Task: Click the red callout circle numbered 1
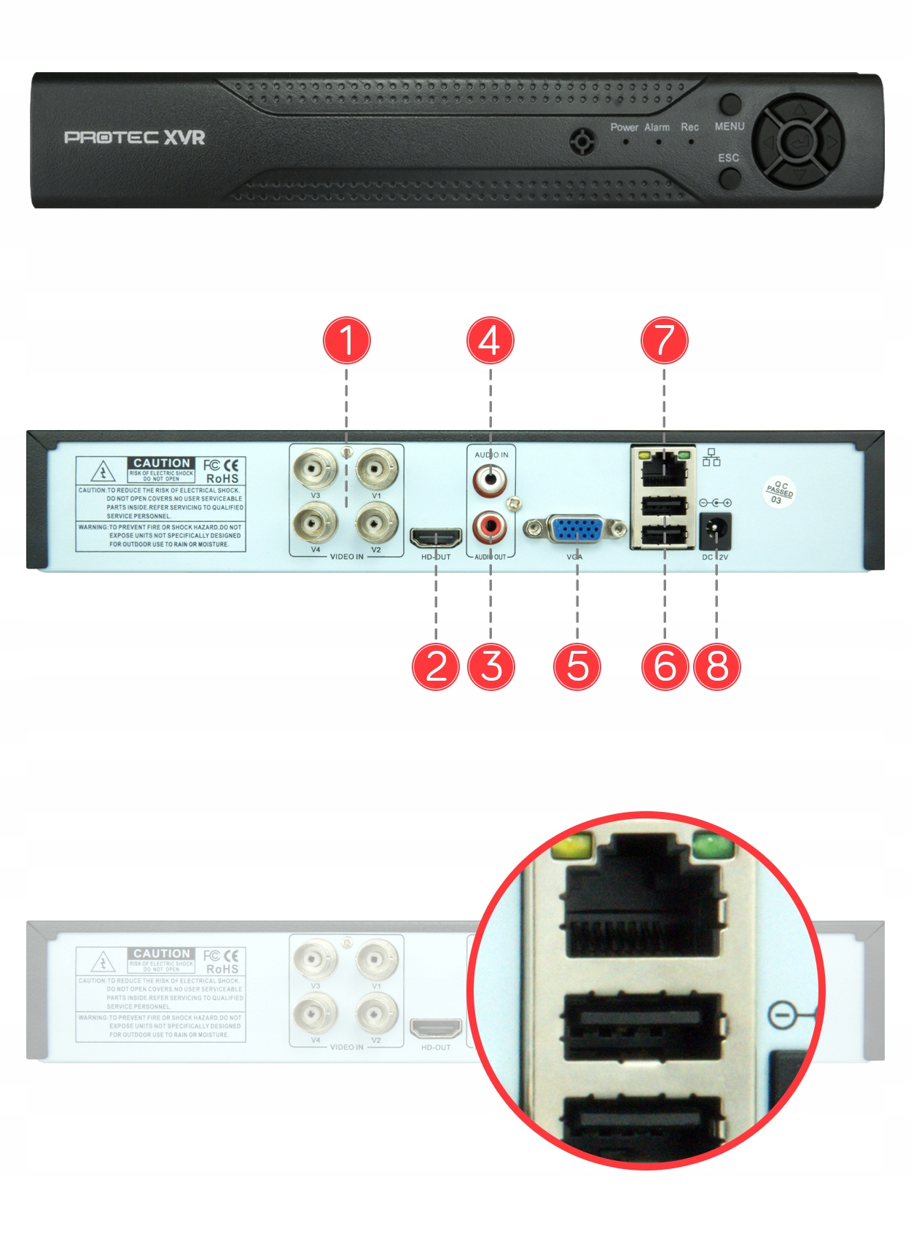click(x=347, y=340)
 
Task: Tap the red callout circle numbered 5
click(x=577, y=666)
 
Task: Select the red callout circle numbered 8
click(x=717, y=666)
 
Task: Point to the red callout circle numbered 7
click(x=664, y=340)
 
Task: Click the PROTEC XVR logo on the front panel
click(x=135, y=137)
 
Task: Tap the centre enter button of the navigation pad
click(x=799, y=140)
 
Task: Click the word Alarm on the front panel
click(x=657, y=128)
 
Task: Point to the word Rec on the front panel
click(x=689, y=128)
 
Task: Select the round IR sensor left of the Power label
click(x=582, y=141)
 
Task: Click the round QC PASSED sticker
click(x=779, y=492)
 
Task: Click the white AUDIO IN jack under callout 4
click(x=490, y=479)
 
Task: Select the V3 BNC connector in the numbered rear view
click(x=315, y=469)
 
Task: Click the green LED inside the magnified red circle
click(x=713, y=846)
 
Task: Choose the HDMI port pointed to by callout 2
click(x=436, y=538)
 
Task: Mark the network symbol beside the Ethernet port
click(x=711, y=458)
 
